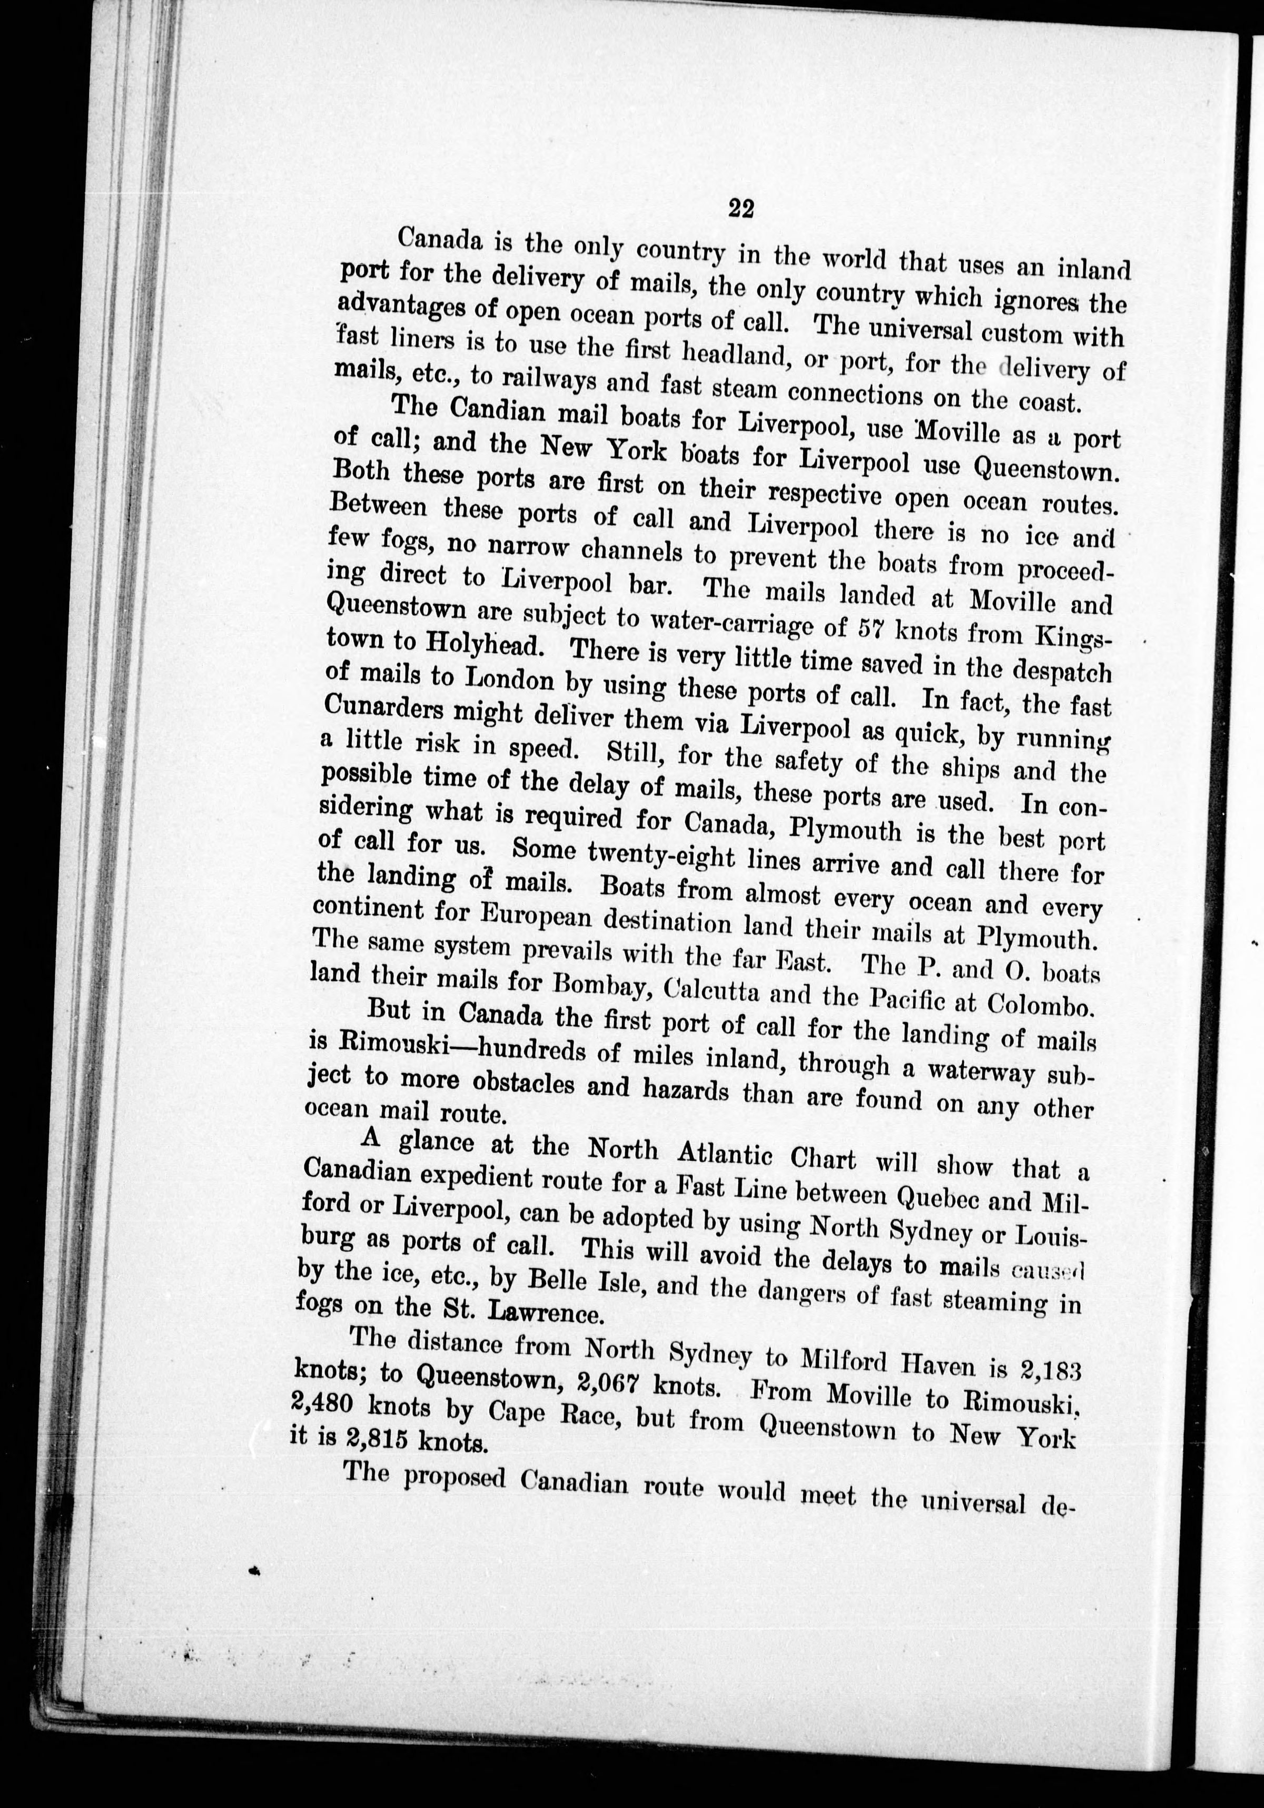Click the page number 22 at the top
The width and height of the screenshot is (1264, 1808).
click(x=742, y=208)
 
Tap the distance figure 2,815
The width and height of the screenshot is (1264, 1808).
click(x=366, y=1440)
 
